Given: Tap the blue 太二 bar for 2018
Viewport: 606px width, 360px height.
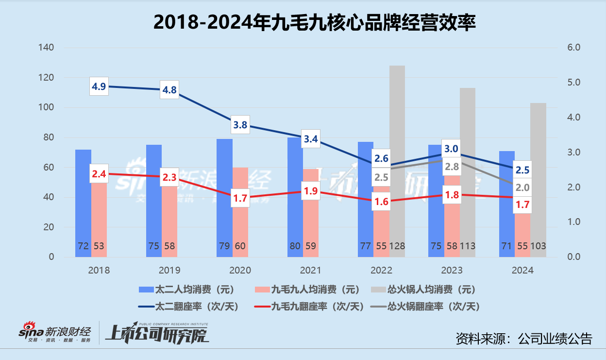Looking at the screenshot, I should (x=83, y=204).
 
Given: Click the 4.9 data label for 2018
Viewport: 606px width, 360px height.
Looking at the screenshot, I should (x=99, y=86).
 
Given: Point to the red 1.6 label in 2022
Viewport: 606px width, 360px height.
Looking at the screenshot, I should (x=381, y=201).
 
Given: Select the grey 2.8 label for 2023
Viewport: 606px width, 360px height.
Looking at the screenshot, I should (x=452, y=167).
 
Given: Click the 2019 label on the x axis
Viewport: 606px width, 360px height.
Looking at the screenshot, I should (x=169, y=271).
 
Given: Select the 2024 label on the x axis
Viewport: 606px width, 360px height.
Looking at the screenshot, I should (x=522, y=271).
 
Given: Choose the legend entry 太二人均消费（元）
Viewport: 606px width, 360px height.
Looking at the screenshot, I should (x=186, y=290).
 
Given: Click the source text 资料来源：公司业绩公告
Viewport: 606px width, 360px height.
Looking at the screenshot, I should (x=524, y=338).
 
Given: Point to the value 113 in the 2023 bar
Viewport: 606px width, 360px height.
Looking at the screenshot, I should (x=467, y=246).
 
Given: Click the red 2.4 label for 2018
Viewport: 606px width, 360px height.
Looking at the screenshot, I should (x=99, y=173).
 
